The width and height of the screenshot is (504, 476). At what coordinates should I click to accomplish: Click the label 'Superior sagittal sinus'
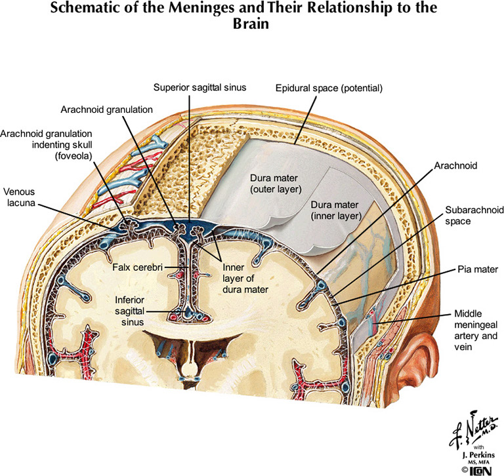[x=190, y=87]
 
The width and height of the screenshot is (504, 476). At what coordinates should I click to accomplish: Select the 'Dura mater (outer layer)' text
[x=274, y=184]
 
